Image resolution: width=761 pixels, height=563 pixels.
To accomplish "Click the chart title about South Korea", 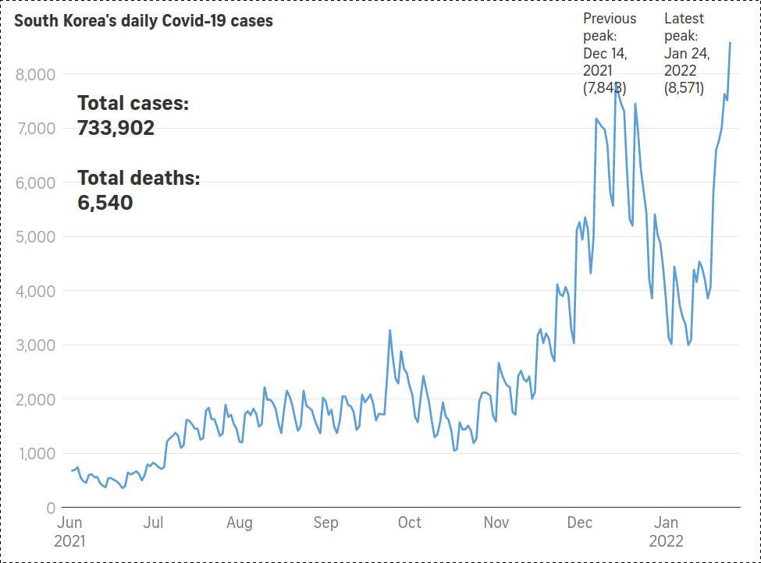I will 144,21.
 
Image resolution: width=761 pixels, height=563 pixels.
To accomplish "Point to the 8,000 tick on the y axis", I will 35,75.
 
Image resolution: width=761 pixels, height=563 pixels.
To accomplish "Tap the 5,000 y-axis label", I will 35,237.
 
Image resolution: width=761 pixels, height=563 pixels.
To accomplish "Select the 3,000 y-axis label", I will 35,345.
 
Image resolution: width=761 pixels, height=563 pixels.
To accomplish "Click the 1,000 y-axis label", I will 35,454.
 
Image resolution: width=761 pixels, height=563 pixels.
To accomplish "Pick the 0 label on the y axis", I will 50,508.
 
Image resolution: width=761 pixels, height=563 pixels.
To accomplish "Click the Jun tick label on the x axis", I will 70,522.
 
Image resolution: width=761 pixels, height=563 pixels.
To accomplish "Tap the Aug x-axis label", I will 240,522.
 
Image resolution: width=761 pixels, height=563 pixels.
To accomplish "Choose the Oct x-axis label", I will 409,522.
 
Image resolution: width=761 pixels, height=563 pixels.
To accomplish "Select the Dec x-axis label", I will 579,522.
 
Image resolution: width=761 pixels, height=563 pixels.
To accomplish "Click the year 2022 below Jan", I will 666,541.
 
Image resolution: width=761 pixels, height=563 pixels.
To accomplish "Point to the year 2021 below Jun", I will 70,541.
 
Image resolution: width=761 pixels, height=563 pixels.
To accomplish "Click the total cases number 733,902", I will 116,128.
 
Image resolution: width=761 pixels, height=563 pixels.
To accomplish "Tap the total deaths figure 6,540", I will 105,203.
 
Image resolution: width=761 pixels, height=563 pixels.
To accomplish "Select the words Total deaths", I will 138,179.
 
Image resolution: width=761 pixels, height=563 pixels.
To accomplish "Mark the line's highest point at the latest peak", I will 730,43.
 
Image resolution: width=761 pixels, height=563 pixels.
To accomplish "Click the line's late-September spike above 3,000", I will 390,331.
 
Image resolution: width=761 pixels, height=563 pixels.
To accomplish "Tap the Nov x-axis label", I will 496,522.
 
